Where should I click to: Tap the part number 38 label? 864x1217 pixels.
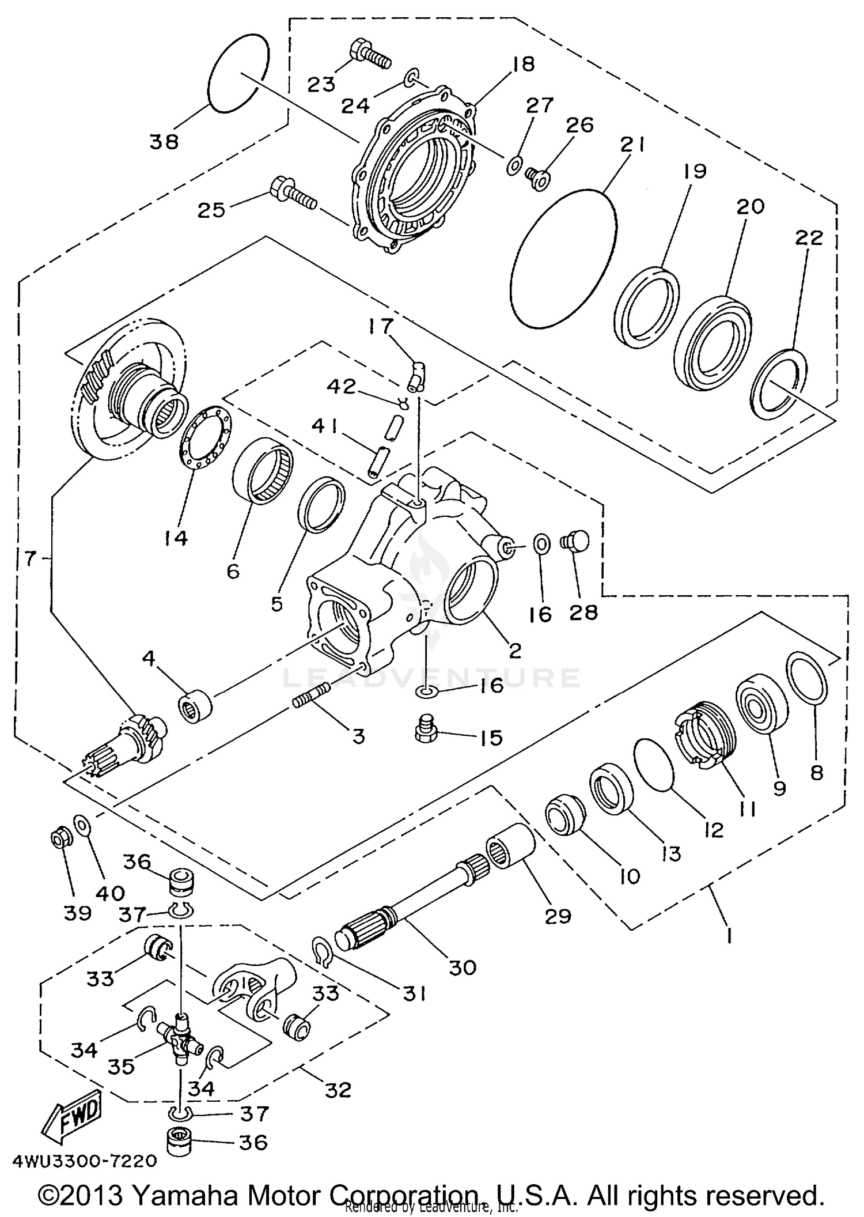click(164, 141)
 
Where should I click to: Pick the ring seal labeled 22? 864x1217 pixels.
click(779, 385)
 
